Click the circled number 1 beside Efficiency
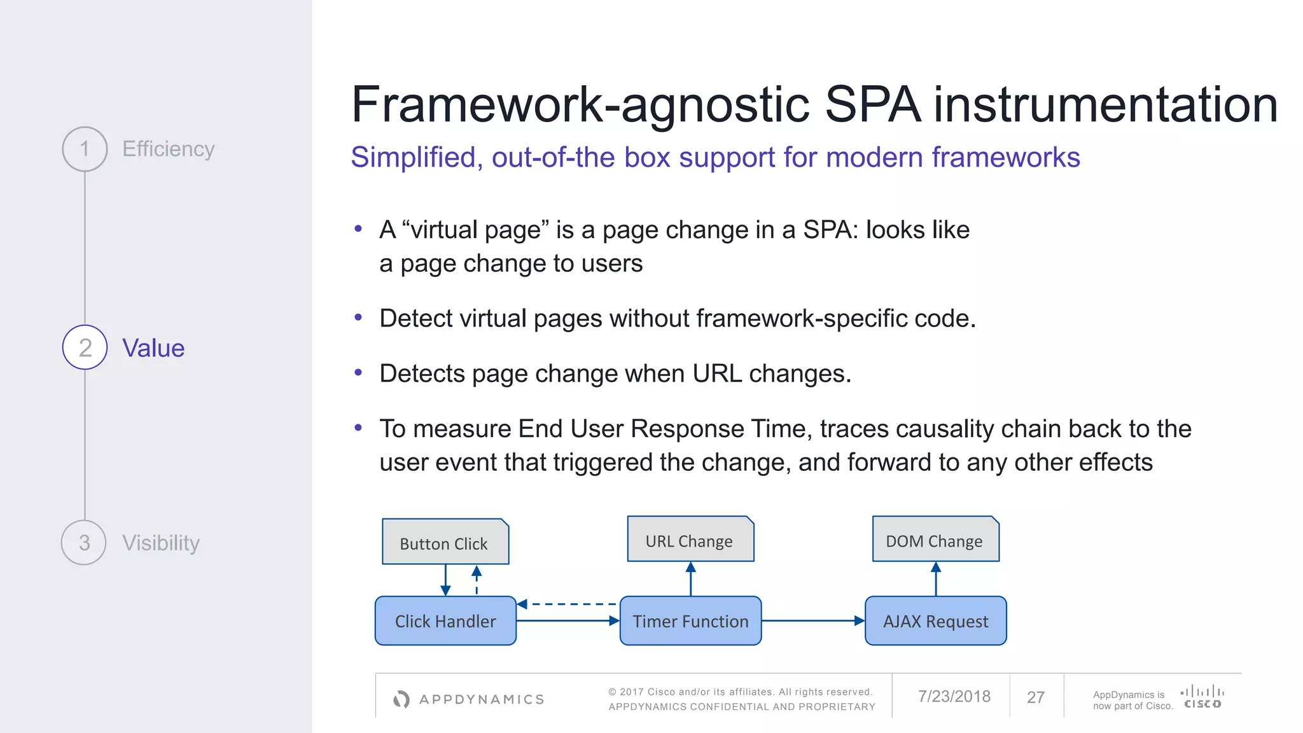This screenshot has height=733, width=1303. pos(85,149)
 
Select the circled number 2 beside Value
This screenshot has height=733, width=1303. pos(85,347)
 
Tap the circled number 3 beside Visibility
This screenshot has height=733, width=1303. pos(84,543)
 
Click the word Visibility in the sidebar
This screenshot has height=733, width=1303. pos(160,543)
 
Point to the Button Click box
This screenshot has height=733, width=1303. pos(445,542)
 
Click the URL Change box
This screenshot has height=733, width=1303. pos(690,540)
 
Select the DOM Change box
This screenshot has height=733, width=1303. pos(935,540)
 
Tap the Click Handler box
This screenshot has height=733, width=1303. pos(445,621)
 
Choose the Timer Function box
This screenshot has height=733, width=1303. pos(690,621)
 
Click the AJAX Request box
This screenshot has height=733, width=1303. pos(935,621)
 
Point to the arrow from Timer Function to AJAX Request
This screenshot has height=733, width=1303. pos(812,620)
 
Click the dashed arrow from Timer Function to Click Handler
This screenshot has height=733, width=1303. pos(568,604)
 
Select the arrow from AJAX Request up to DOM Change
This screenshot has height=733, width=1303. pos(936,578)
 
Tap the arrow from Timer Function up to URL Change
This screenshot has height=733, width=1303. pos(691,578)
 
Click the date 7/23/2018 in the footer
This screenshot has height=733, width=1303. pos(954,697)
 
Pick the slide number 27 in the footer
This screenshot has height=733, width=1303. pos(1036,697)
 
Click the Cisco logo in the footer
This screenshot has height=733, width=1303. pos(1202,697)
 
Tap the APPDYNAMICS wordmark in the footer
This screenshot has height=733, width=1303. pos(481,699)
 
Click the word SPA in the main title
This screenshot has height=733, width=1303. pos(872,105)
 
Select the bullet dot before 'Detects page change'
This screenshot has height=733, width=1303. pos(358,372)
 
